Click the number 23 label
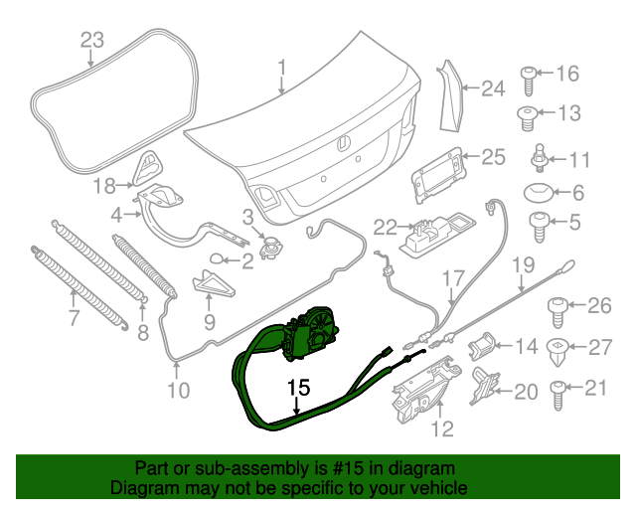91,40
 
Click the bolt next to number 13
528,115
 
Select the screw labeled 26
559,308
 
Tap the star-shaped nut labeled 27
561,348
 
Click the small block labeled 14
484,346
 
